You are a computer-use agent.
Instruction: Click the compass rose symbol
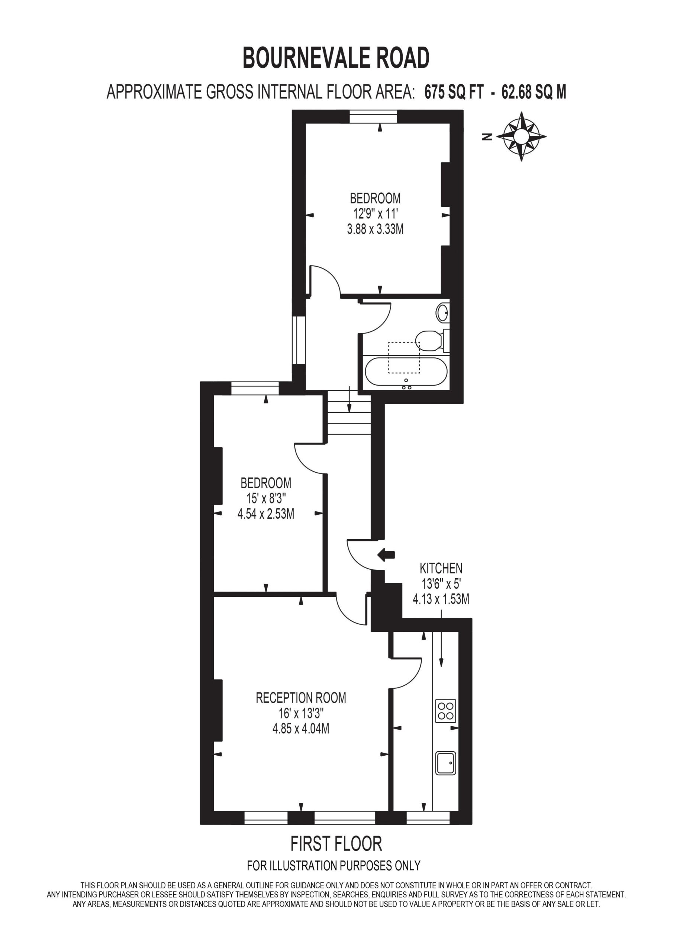click(521, 136)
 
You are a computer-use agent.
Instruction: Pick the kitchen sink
click(446, 763)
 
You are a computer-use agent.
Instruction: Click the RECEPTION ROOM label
click(301, 698)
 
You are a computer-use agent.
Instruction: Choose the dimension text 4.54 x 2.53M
click(266, 514)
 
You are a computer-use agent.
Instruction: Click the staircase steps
click(349, 415)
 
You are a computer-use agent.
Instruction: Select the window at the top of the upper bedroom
click(373, 116)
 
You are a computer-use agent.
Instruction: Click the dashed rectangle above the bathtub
click(404, 357)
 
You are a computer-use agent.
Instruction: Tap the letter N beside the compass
click(488, 136)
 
